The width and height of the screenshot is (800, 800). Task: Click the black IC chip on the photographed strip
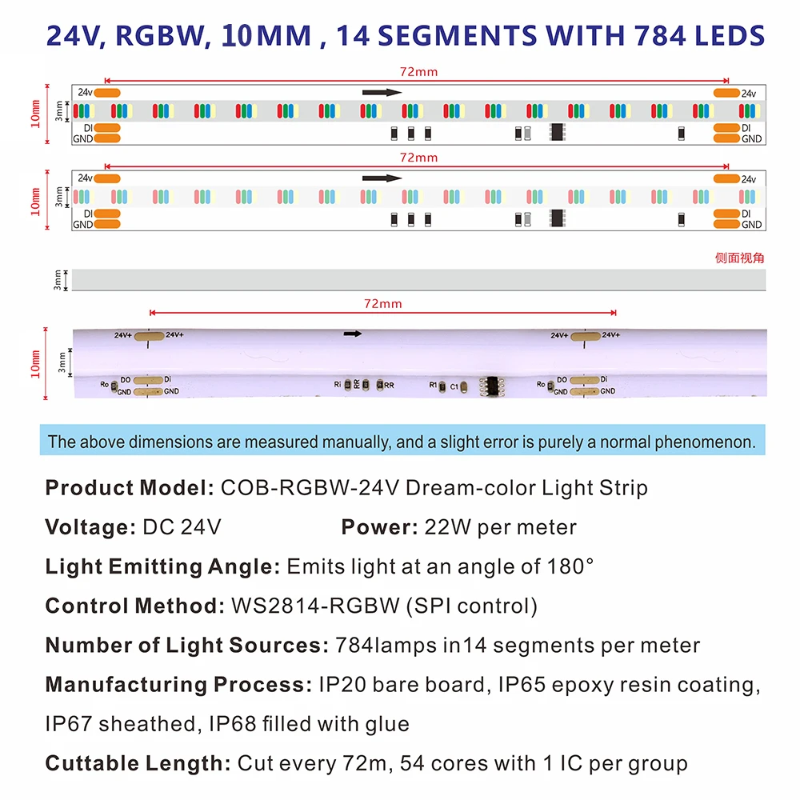point(490,385)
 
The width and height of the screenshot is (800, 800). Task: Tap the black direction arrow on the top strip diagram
point(382,92)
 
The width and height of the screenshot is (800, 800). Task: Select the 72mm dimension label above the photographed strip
point(382,303)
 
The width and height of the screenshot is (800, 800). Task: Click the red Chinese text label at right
point(740,258)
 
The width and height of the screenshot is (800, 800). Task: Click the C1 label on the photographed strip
point(454,386)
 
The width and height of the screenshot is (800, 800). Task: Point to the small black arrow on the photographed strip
point(353,334)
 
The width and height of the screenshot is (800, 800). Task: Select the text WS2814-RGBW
point(315,606)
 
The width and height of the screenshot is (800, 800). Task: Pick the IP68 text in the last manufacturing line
point(232,725)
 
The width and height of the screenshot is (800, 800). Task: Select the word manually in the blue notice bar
point(359,442)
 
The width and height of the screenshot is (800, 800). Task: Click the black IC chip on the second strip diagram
point(557,218)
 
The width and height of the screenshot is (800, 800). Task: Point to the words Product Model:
point(129,488)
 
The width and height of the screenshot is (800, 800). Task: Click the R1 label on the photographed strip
point(433,386)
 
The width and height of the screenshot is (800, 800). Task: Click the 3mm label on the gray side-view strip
point(57,280)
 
